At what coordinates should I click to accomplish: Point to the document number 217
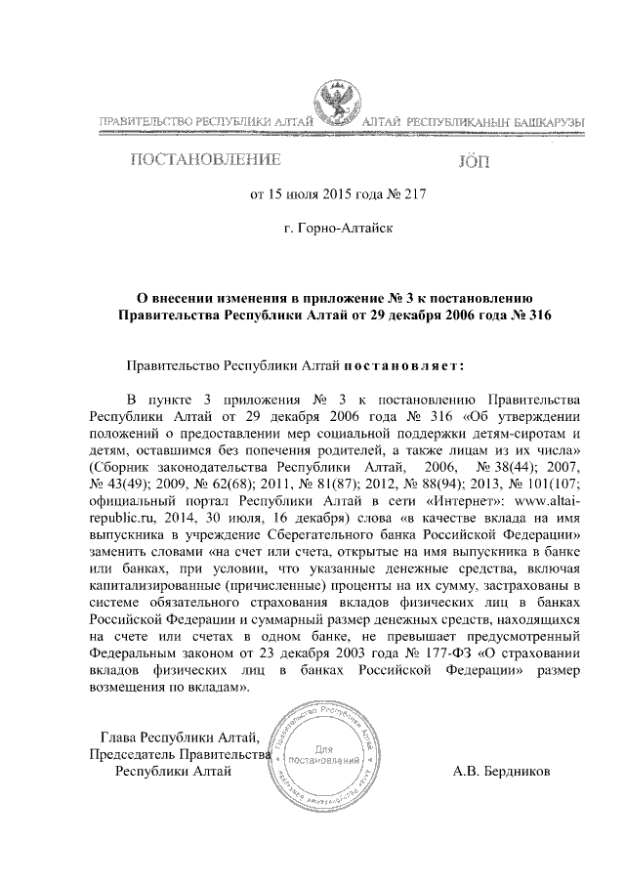[x=416, y=193]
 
